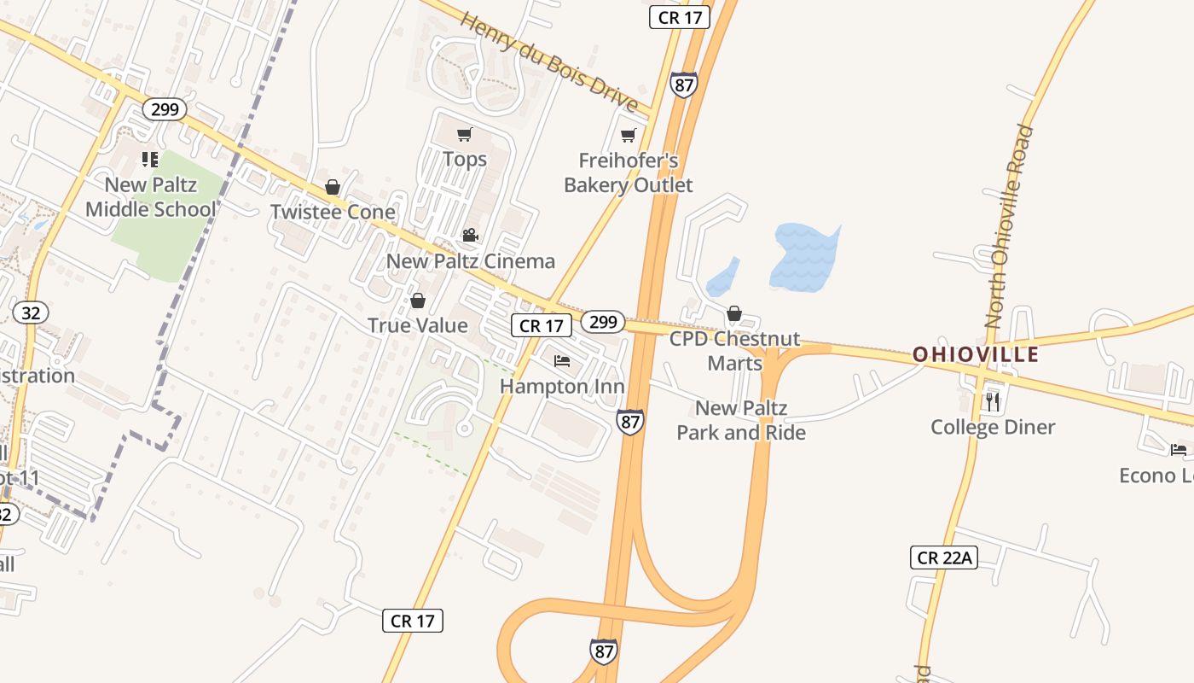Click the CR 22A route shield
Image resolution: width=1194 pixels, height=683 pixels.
click(942, 558)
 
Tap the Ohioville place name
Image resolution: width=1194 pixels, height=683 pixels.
click(976, 354)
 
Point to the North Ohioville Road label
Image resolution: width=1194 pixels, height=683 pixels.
click(1008, 226)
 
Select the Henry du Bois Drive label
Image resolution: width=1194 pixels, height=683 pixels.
click(549, 61)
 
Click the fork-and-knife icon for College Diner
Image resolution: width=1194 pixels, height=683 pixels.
click(992, 400)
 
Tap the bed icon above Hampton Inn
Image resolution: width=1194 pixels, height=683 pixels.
click(562, 361)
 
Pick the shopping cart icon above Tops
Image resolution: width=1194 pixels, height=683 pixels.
click(465, 134)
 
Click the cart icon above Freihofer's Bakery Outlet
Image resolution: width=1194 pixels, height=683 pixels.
click(629, 135)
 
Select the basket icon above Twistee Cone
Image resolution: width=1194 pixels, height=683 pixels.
click(333, 187)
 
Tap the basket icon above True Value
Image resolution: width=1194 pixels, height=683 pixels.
click(418, 301)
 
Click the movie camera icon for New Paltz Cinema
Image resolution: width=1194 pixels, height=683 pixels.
click(470, 235)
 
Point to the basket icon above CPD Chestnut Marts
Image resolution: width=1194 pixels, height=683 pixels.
click(734, 313)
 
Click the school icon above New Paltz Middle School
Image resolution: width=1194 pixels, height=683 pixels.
click(150, 159)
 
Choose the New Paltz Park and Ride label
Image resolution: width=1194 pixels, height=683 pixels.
click(741, 420)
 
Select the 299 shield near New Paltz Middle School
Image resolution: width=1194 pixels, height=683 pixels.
click(165, 109)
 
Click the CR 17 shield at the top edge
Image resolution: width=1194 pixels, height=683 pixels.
click(680, 17)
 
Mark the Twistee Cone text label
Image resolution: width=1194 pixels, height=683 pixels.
click(333, 212)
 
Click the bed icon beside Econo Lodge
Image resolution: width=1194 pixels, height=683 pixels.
click(1179, 450)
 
